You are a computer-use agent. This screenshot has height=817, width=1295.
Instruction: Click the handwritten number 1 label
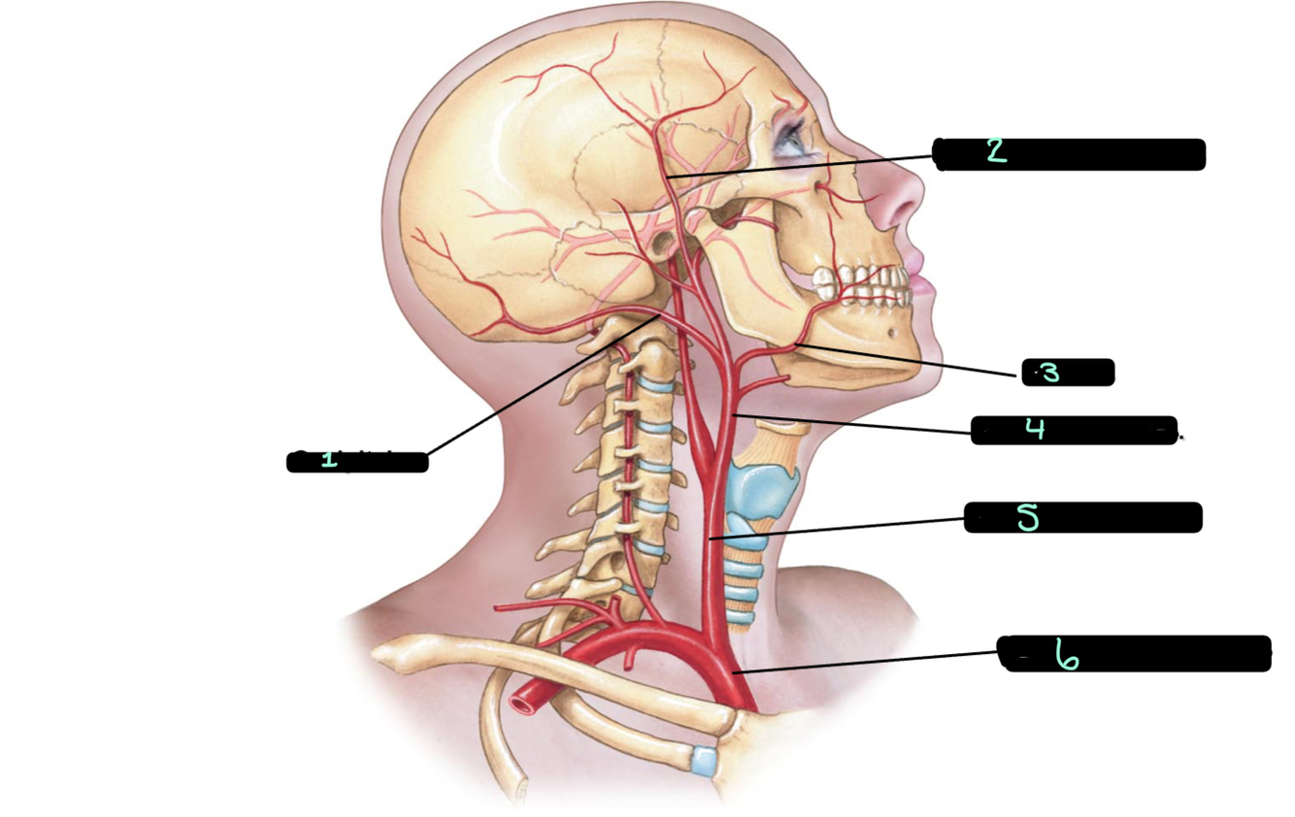pyautogui.click(x=329, y=459)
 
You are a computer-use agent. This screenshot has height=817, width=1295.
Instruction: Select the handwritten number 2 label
pyautogui.click(x=996, y=150)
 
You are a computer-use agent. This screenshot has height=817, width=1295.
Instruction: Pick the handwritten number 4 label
pyautogui.click(x=1036, y=429)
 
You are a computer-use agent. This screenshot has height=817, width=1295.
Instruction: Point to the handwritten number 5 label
pyautogui.click(x=1027, y=518)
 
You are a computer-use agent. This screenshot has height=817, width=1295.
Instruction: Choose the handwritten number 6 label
pyautogui.click(x=1067, y=657)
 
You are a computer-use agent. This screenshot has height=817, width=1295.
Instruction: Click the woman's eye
pyautogui.click(x=788, y=140)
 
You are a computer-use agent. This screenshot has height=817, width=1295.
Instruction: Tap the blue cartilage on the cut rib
pyautogui.click(x=704, y=760)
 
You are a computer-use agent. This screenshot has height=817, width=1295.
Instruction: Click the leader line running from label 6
pyautogui.click(x=864, y=660)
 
